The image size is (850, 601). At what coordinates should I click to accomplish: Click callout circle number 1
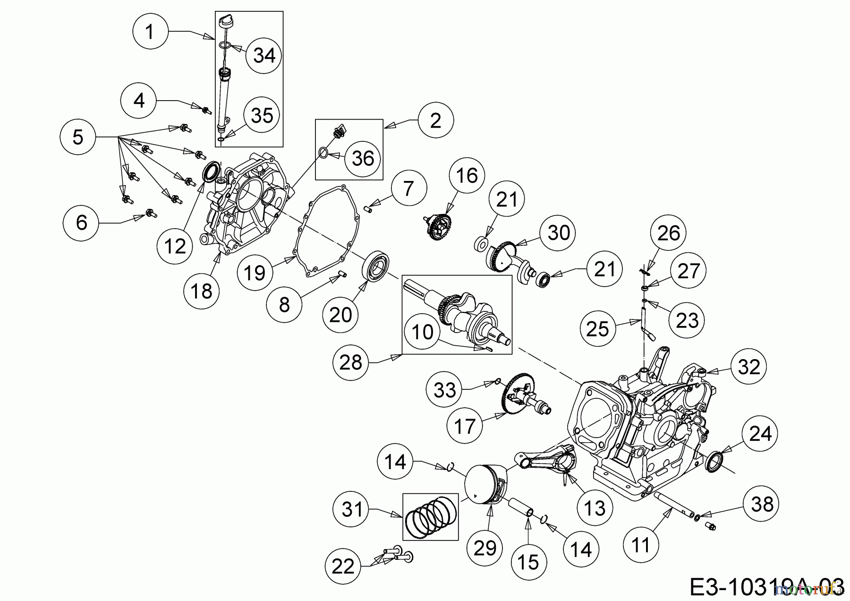click(x=150, y=32)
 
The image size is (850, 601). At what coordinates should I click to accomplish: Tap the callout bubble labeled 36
click(x=363, y=158)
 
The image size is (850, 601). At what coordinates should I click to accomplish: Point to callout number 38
click(x=761, y=504)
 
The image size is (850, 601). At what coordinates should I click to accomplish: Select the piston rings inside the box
click(x=430, y=516)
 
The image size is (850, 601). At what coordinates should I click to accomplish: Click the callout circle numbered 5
click(x=78, y=137)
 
